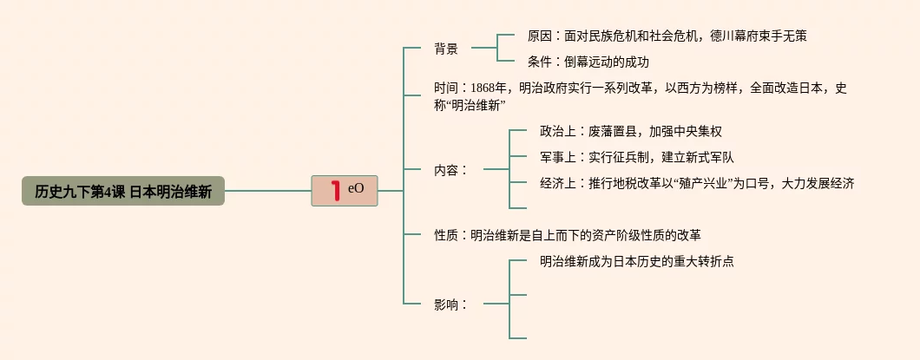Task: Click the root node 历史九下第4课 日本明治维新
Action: tap(122, 191)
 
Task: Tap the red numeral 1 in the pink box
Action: tap(335, 191)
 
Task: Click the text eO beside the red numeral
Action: tap(356, 188)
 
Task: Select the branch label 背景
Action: tap(446, 49)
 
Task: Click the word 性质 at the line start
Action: tap(446, 235)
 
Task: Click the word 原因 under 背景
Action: tap(540, 36)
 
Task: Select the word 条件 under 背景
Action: tap(540, 62)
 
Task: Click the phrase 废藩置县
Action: tap(613, 132)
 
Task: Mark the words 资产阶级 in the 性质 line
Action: tap(617, 235)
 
